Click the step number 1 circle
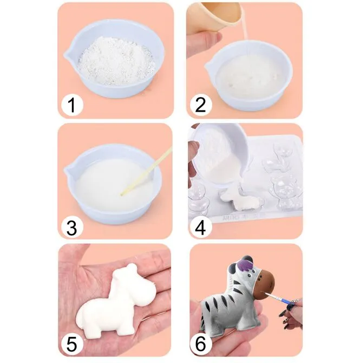(x=72, y=105)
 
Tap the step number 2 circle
(x=201, y=105)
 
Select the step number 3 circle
(x=72, y=228)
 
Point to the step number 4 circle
(x=201, y=228)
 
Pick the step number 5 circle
(x=72, y=345)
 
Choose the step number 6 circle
(x=201, y=345)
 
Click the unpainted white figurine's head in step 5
(x=126, y=275)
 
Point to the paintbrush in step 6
(x=280, y=298)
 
